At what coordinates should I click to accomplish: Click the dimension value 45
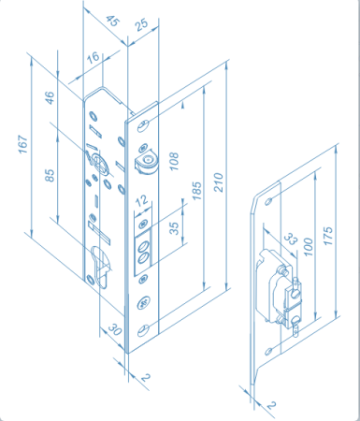click(113, 19)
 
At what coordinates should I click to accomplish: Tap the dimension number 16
click(94, 59)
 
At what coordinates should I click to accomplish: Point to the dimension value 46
click(50, 96)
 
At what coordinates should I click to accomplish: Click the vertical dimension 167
click(21, 147)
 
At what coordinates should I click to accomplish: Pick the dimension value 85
click(50, 174)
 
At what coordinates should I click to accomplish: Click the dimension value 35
click(174, 228)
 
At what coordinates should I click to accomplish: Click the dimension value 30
click(112, 328)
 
